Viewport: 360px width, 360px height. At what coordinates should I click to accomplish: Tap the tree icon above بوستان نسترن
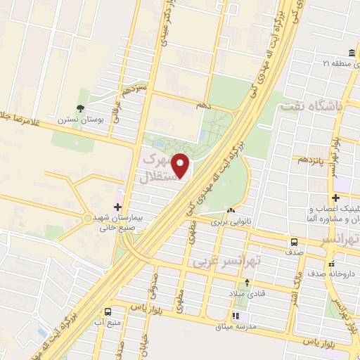[82, 108]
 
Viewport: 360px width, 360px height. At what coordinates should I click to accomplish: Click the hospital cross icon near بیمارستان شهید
[117, 207]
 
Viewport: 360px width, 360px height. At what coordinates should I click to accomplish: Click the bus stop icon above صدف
[292, 242]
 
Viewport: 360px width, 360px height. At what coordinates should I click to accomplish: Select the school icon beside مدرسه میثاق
[236, 316]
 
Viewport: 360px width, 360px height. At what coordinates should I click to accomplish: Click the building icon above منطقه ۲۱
[351, 53]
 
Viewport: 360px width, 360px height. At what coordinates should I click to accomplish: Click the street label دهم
[203, 104]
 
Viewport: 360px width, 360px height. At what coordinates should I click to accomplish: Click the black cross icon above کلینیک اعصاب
[335, 198]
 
